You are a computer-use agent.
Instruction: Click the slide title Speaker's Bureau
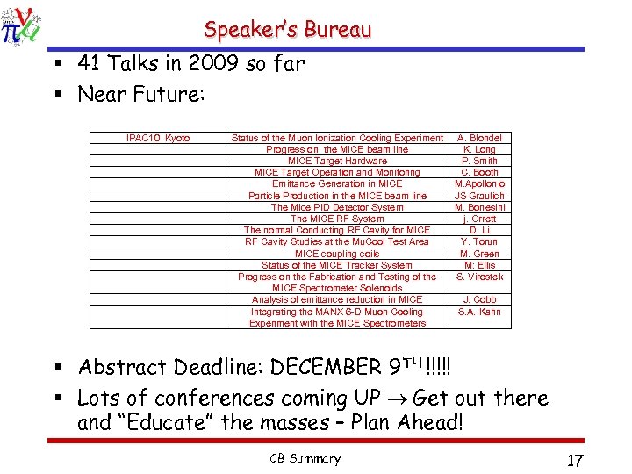click(288, 30)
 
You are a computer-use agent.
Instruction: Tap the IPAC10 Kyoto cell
click(158, 138)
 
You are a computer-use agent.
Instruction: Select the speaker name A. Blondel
click(479, 138)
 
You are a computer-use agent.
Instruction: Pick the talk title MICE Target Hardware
click(337, 161)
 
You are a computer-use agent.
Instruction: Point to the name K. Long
click(479, 149)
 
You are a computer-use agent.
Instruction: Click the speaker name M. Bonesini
click(479, 207)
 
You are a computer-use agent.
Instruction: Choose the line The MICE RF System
click(337, 219)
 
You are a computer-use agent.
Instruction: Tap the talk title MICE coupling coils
click(337, 254)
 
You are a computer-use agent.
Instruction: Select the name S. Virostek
click(479, 276)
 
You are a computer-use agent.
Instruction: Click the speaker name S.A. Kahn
click(479, 312)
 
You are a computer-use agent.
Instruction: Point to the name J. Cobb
click(479, 299)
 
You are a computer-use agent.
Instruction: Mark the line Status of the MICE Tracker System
click(337, 265)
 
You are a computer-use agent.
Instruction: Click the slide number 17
click(575, 460)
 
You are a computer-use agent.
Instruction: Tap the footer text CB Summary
click(305, 459)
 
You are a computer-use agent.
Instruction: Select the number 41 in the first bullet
click(89, 63)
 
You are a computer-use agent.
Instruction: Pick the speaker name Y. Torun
click(479, 241)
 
